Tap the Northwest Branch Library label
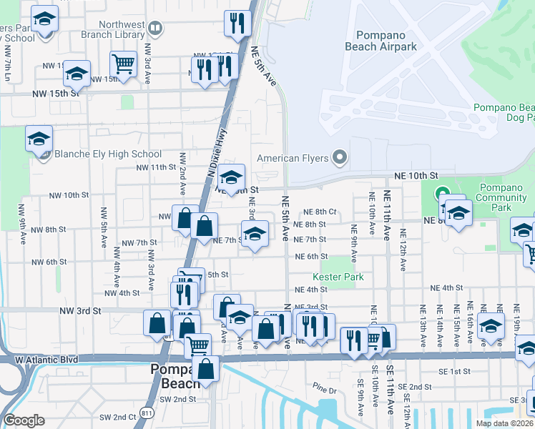(x=112, y=29)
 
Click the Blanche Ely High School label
(x=107, y=154)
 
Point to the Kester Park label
(x=338, y=277)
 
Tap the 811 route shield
(x=147, y=413)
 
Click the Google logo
(x=24, y=420)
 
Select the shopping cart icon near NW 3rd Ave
(x=124, y=64)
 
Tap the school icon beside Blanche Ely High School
(x=39, y=138)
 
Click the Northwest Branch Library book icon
(x=155, y=29)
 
